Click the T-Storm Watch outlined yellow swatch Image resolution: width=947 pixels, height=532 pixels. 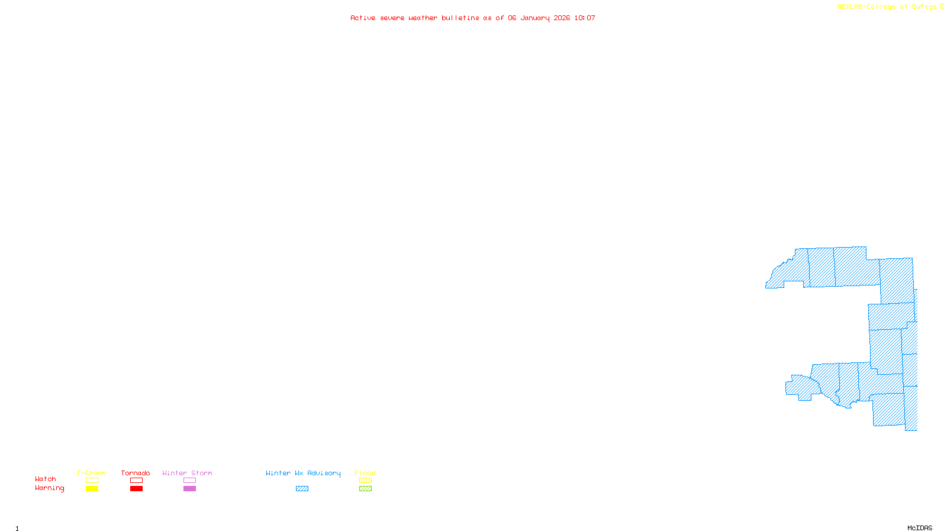click(x=92, y=481)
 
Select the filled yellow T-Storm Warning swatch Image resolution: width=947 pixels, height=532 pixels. click(x=92, y=489)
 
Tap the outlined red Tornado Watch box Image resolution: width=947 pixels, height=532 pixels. click(x=136, y=481)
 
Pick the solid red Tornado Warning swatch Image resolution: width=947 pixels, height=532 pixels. click(x=136, y=489)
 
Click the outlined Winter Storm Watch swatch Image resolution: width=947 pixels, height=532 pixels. click(x=189, y=481)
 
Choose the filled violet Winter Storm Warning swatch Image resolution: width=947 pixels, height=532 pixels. click(x=189, y=489)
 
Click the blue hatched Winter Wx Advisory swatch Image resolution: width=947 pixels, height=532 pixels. click(x=302, y=489)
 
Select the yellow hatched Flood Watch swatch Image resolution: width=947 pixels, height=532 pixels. click(x=365, y=481)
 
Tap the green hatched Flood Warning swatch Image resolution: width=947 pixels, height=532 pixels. click(x=365, y=489)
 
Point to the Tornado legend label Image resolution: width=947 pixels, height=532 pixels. click(x=136, y=473)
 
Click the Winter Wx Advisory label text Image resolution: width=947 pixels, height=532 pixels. click(x=303, y=473)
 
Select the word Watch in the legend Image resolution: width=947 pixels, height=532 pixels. click(x=46, y=479)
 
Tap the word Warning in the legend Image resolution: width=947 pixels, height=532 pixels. click(x=49, y=488)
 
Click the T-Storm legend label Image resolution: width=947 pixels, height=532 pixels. click(x=91, y=473)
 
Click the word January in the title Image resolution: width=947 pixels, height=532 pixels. click(x=535, y=18)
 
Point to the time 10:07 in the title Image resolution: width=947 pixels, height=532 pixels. click(x=585, y=18)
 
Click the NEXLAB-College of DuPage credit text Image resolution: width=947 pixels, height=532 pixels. click(x=887, y=7)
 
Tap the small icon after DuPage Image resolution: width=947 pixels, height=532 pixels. click(x=942, y=7)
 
